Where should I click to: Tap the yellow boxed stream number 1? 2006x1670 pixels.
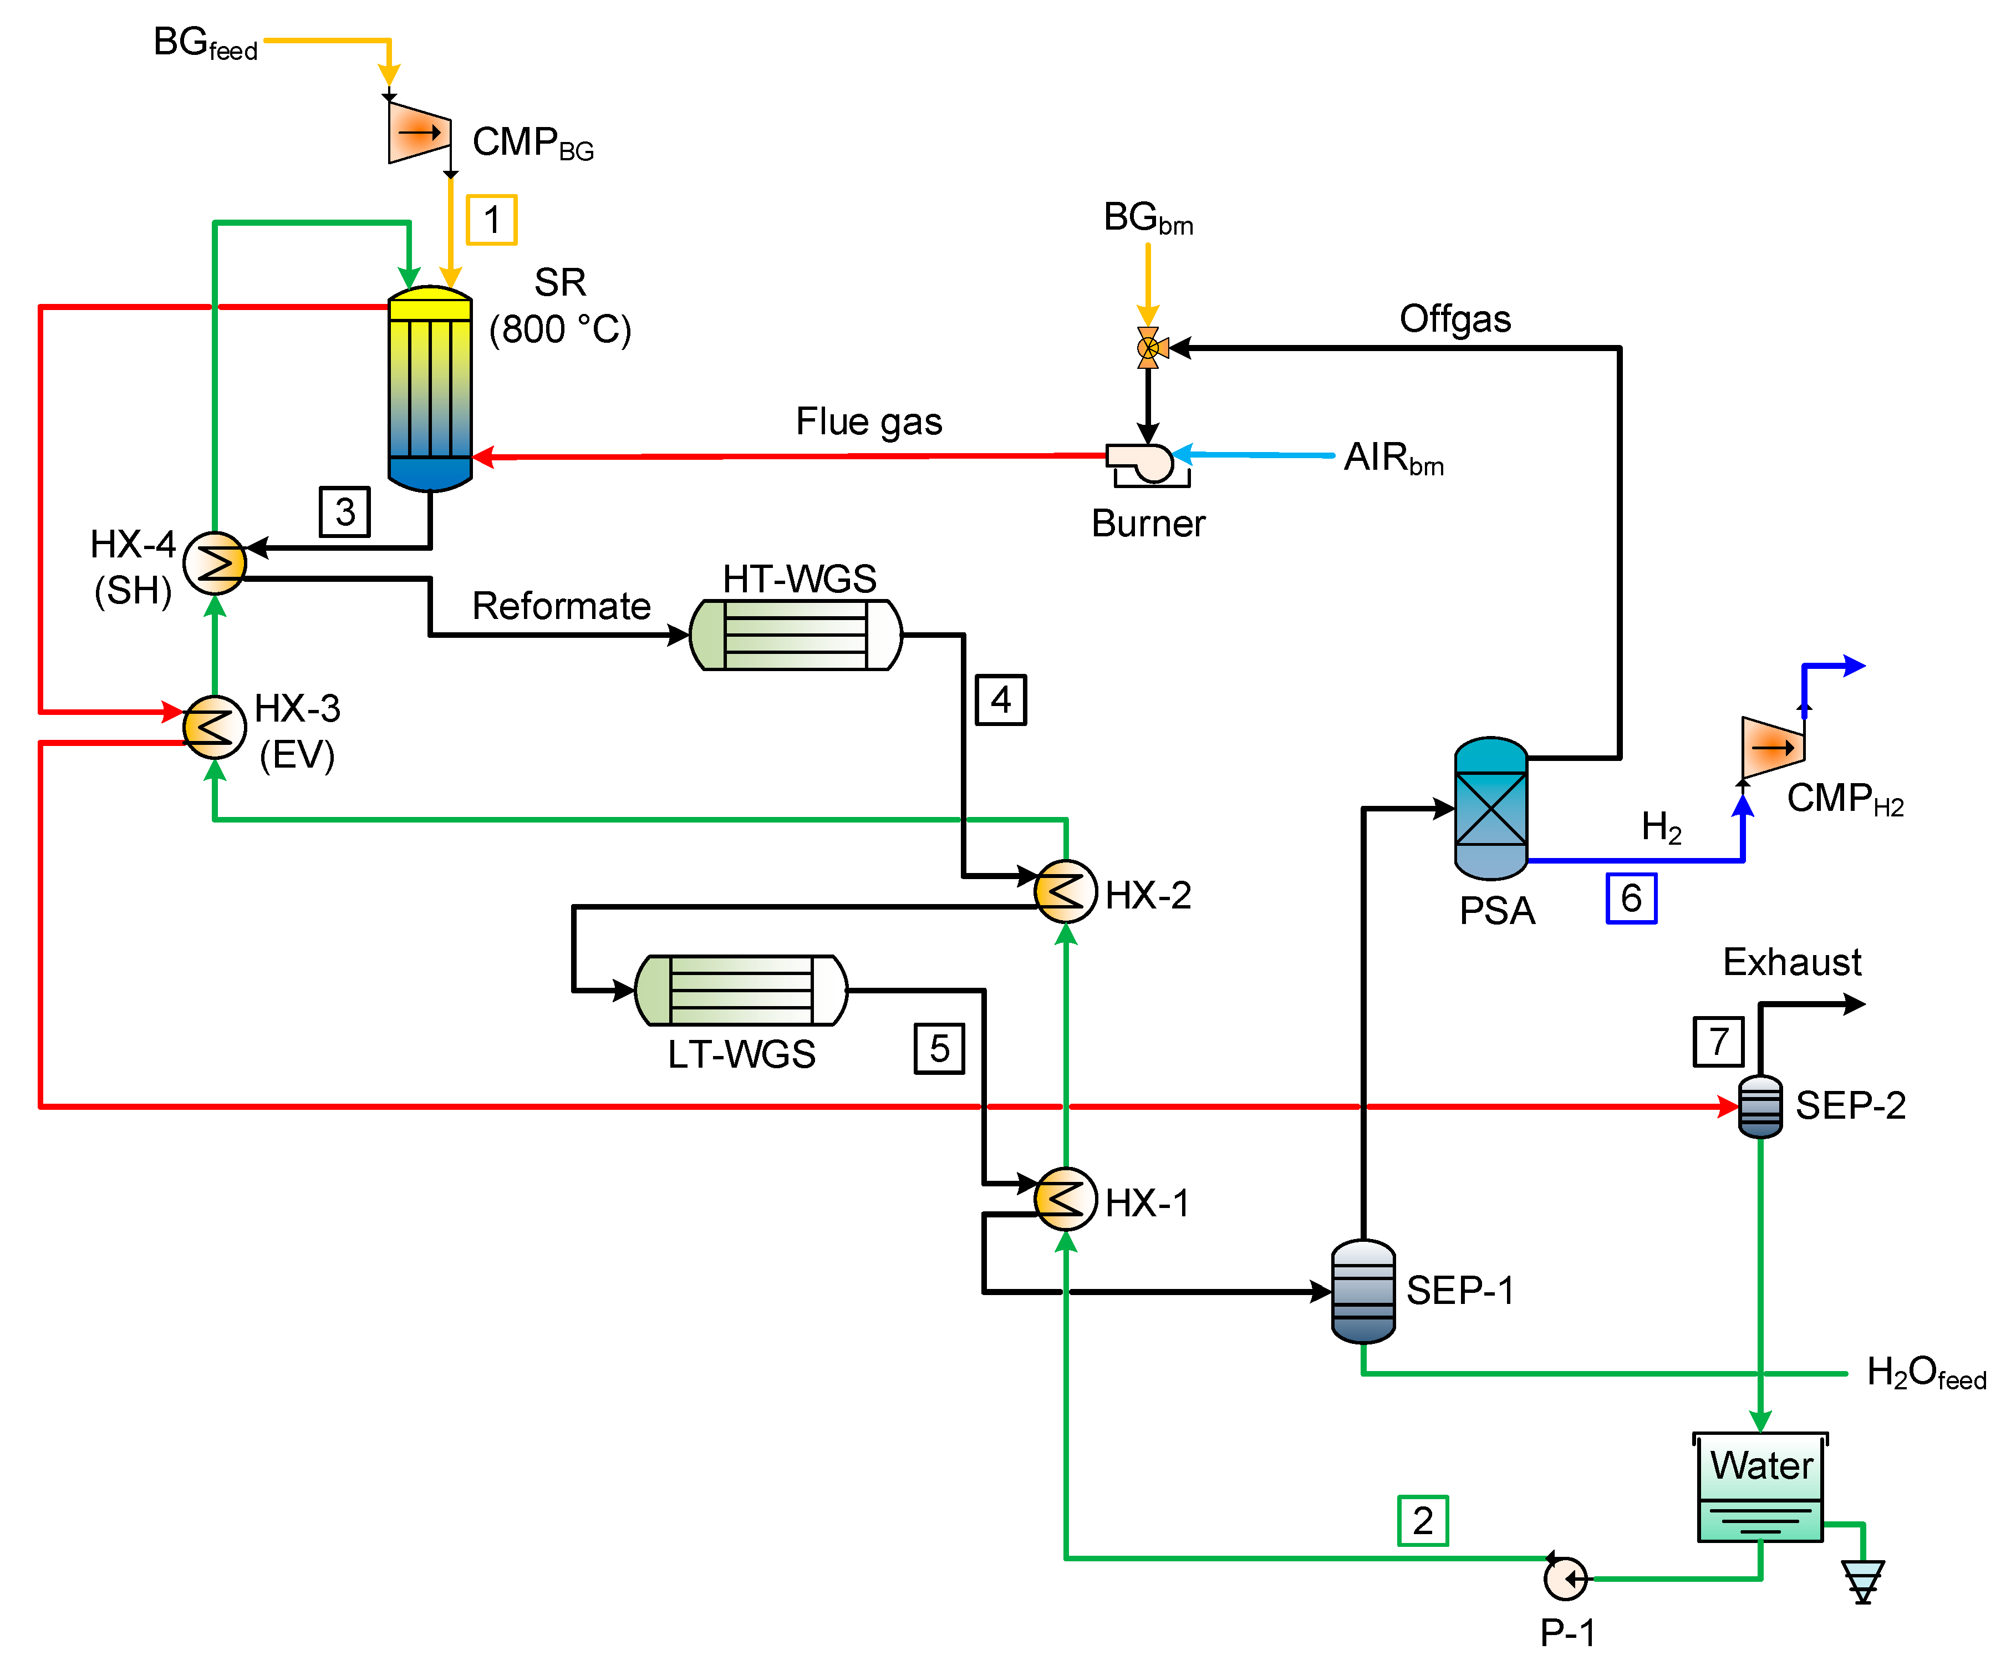[x=491, y=220]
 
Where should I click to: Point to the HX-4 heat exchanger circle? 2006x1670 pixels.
[x=215, y=563]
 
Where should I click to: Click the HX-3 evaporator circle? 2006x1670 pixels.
[x=215, y=727]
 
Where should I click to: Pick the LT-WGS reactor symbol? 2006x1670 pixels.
[x=740, y=990]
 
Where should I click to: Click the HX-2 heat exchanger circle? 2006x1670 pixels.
[x=1065, y=891]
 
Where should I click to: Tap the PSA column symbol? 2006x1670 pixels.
[x=1490, y=808]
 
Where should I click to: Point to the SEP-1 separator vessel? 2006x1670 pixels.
[x=1363, y=1291]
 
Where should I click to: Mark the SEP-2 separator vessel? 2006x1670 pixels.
[x=1760, y=1106]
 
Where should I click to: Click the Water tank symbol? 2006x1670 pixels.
[x=1760, y=1486]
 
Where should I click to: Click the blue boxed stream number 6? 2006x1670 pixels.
[x=1631, y=898]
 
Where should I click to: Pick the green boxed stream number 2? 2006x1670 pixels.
[x=1422, y=1520]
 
